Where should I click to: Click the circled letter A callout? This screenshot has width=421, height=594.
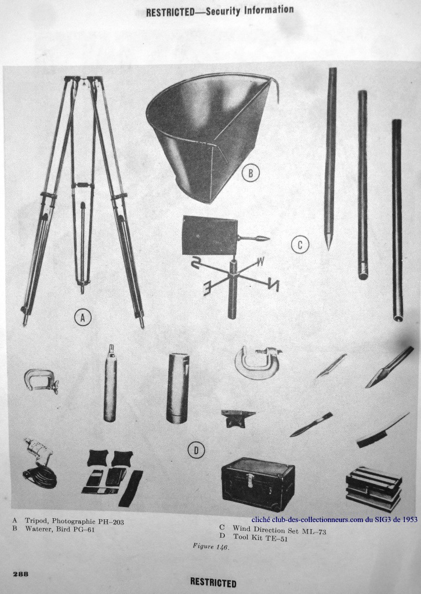[x=83, y=317]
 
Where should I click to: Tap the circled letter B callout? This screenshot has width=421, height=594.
[x=251, y=173]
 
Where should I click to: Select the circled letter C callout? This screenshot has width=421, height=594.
[x=300, y=245]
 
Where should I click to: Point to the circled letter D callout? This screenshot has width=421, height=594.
[x=196, y=450]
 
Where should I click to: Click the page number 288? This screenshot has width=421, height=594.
[x=20, y=574]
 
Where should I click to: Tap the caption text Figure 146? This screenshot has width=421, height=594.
[x=210, y=546]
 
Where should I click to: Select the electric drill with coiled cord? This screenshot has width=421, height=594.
[x=38, y=463]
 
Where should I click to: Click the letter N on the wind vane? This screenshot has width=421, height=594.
[x=272, y=284]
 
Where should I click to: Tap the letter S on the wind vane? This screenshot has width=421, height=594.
[x=196, y=262]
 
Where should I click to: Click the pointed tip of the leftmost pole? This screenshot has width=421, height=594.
[x=329, y=248]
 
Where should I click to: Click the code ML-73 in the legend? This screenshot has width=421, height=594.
[x=314, y=531]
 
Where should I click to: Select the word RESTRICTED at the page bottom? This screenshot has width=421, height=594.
[x=213, y=582]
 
